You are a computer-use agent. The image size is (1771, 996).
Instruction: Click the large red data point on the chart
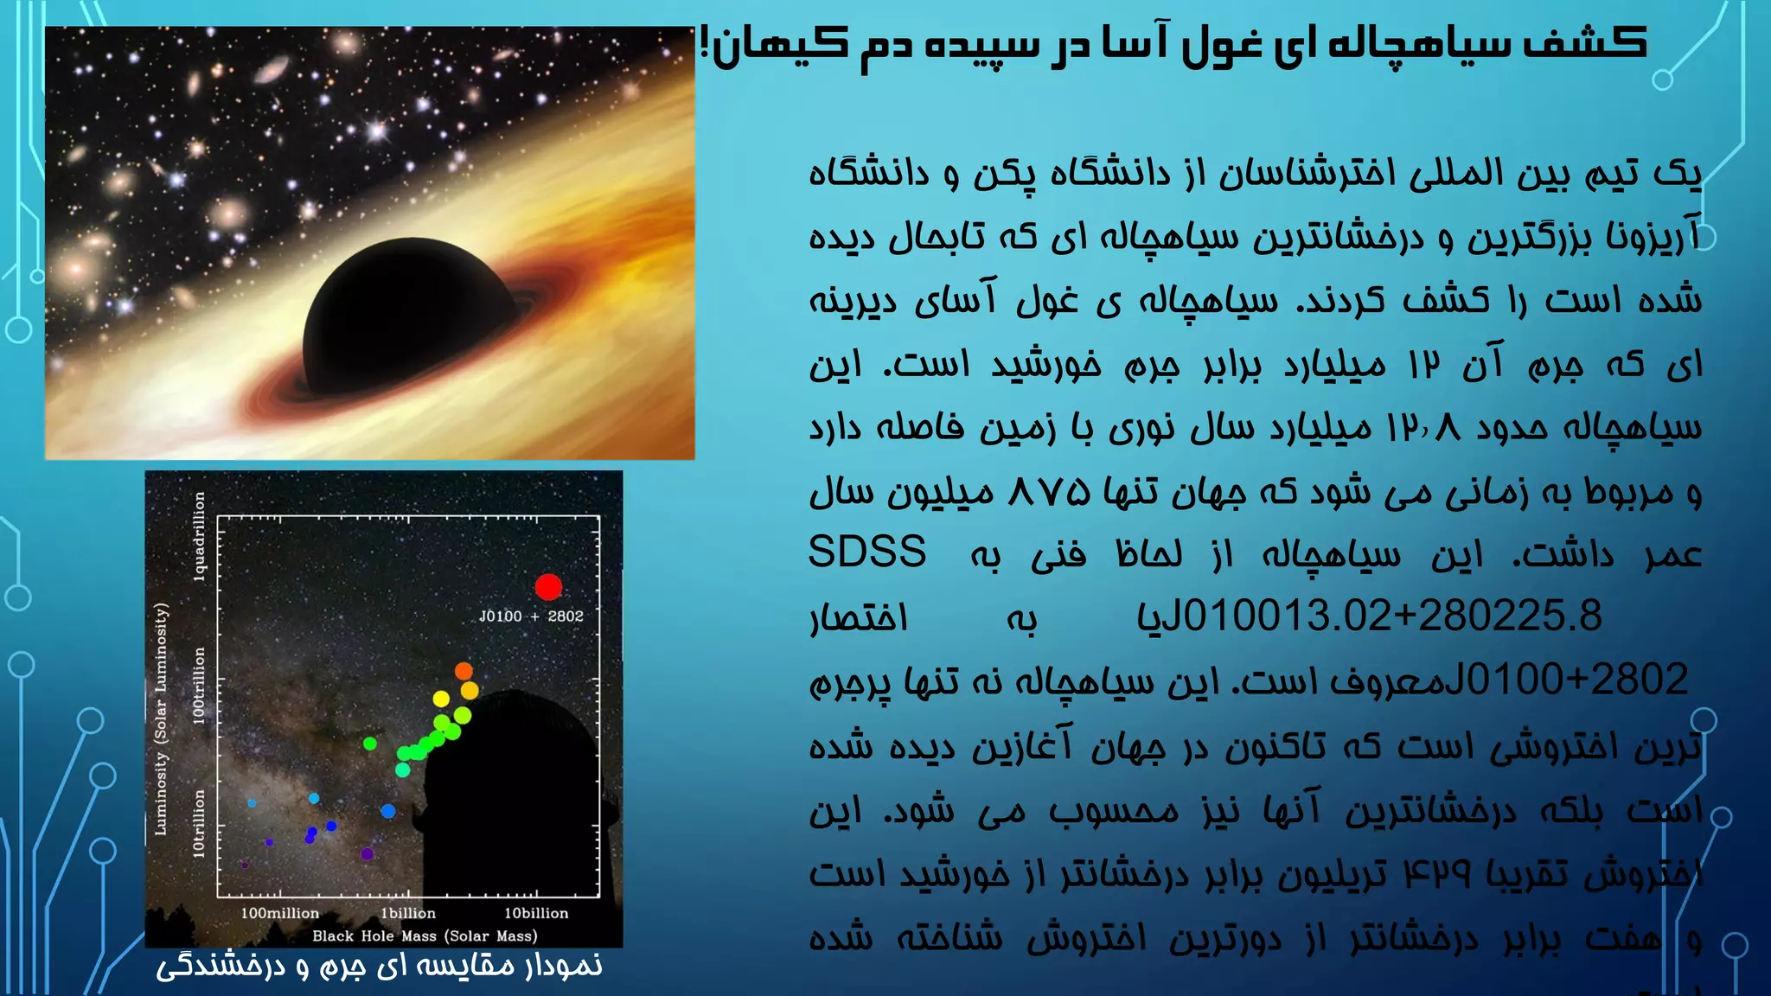[548, 587]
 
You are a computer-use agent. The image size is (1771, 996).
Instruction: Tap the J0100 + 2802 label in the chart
[531, 616]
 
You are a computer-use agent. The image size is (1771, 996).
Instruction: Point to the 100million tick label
[279, 913]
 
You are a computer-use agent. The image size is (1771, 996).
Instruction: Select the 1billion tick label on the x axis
[408, 913]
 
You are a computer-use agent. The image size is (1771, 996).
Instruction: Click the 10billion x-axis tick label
[536, 913]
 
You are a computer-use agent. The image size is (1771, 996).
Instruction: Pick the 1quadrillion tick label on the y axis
[200, 536]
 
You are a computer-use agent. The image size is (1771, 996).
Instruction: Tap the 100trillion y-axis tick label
[200, 686]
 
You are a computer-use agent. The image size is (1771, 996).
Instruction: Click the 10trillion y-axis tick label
[200, 823]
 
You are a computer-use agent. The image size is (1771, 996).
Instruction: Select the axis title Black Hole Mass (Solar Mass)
[425, 935]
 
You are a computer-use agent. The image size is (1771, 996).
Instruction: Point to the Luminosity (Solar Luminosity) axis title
[161, 719]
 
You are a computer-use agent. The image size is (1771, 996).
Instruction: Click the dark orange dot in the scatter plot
[464, 671]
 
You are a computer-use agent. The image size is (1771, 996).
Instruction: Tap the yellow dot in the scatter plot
[441, 699]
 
